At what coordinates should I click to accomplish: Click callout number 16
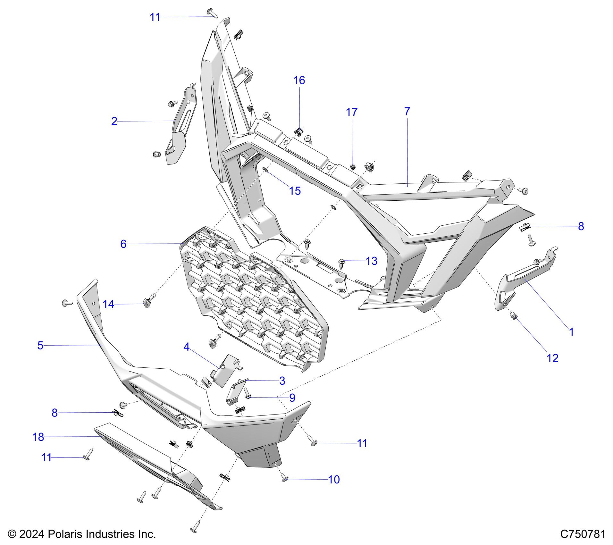pyautogui.click(x=299, y=80)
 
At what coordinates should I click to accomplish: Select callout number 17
pyautogui.click(x=351, y=112)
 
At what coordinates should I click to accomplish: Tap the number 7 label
pyautogui.click(x=407, y=112)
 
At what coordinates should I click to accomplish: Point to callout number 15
pyautogui.click(x=295, y=191)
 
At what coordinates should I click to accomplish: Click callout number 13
pyautogui.click(x=371, y=261)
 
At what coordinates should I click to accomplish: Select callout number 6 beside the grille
pyautogui.click(x=123, y=244)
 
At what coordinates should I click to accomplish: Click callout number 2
pyautogui.click(x=114, y=121)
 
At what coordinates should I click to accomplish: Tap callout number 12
pyautogui.click(x=552, y=358)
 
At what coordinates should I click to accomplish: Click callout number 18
pyautogui.click(x=38, y=437)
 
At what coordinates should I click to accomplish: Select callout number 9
pyautogui.click(x=292, y=398)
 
